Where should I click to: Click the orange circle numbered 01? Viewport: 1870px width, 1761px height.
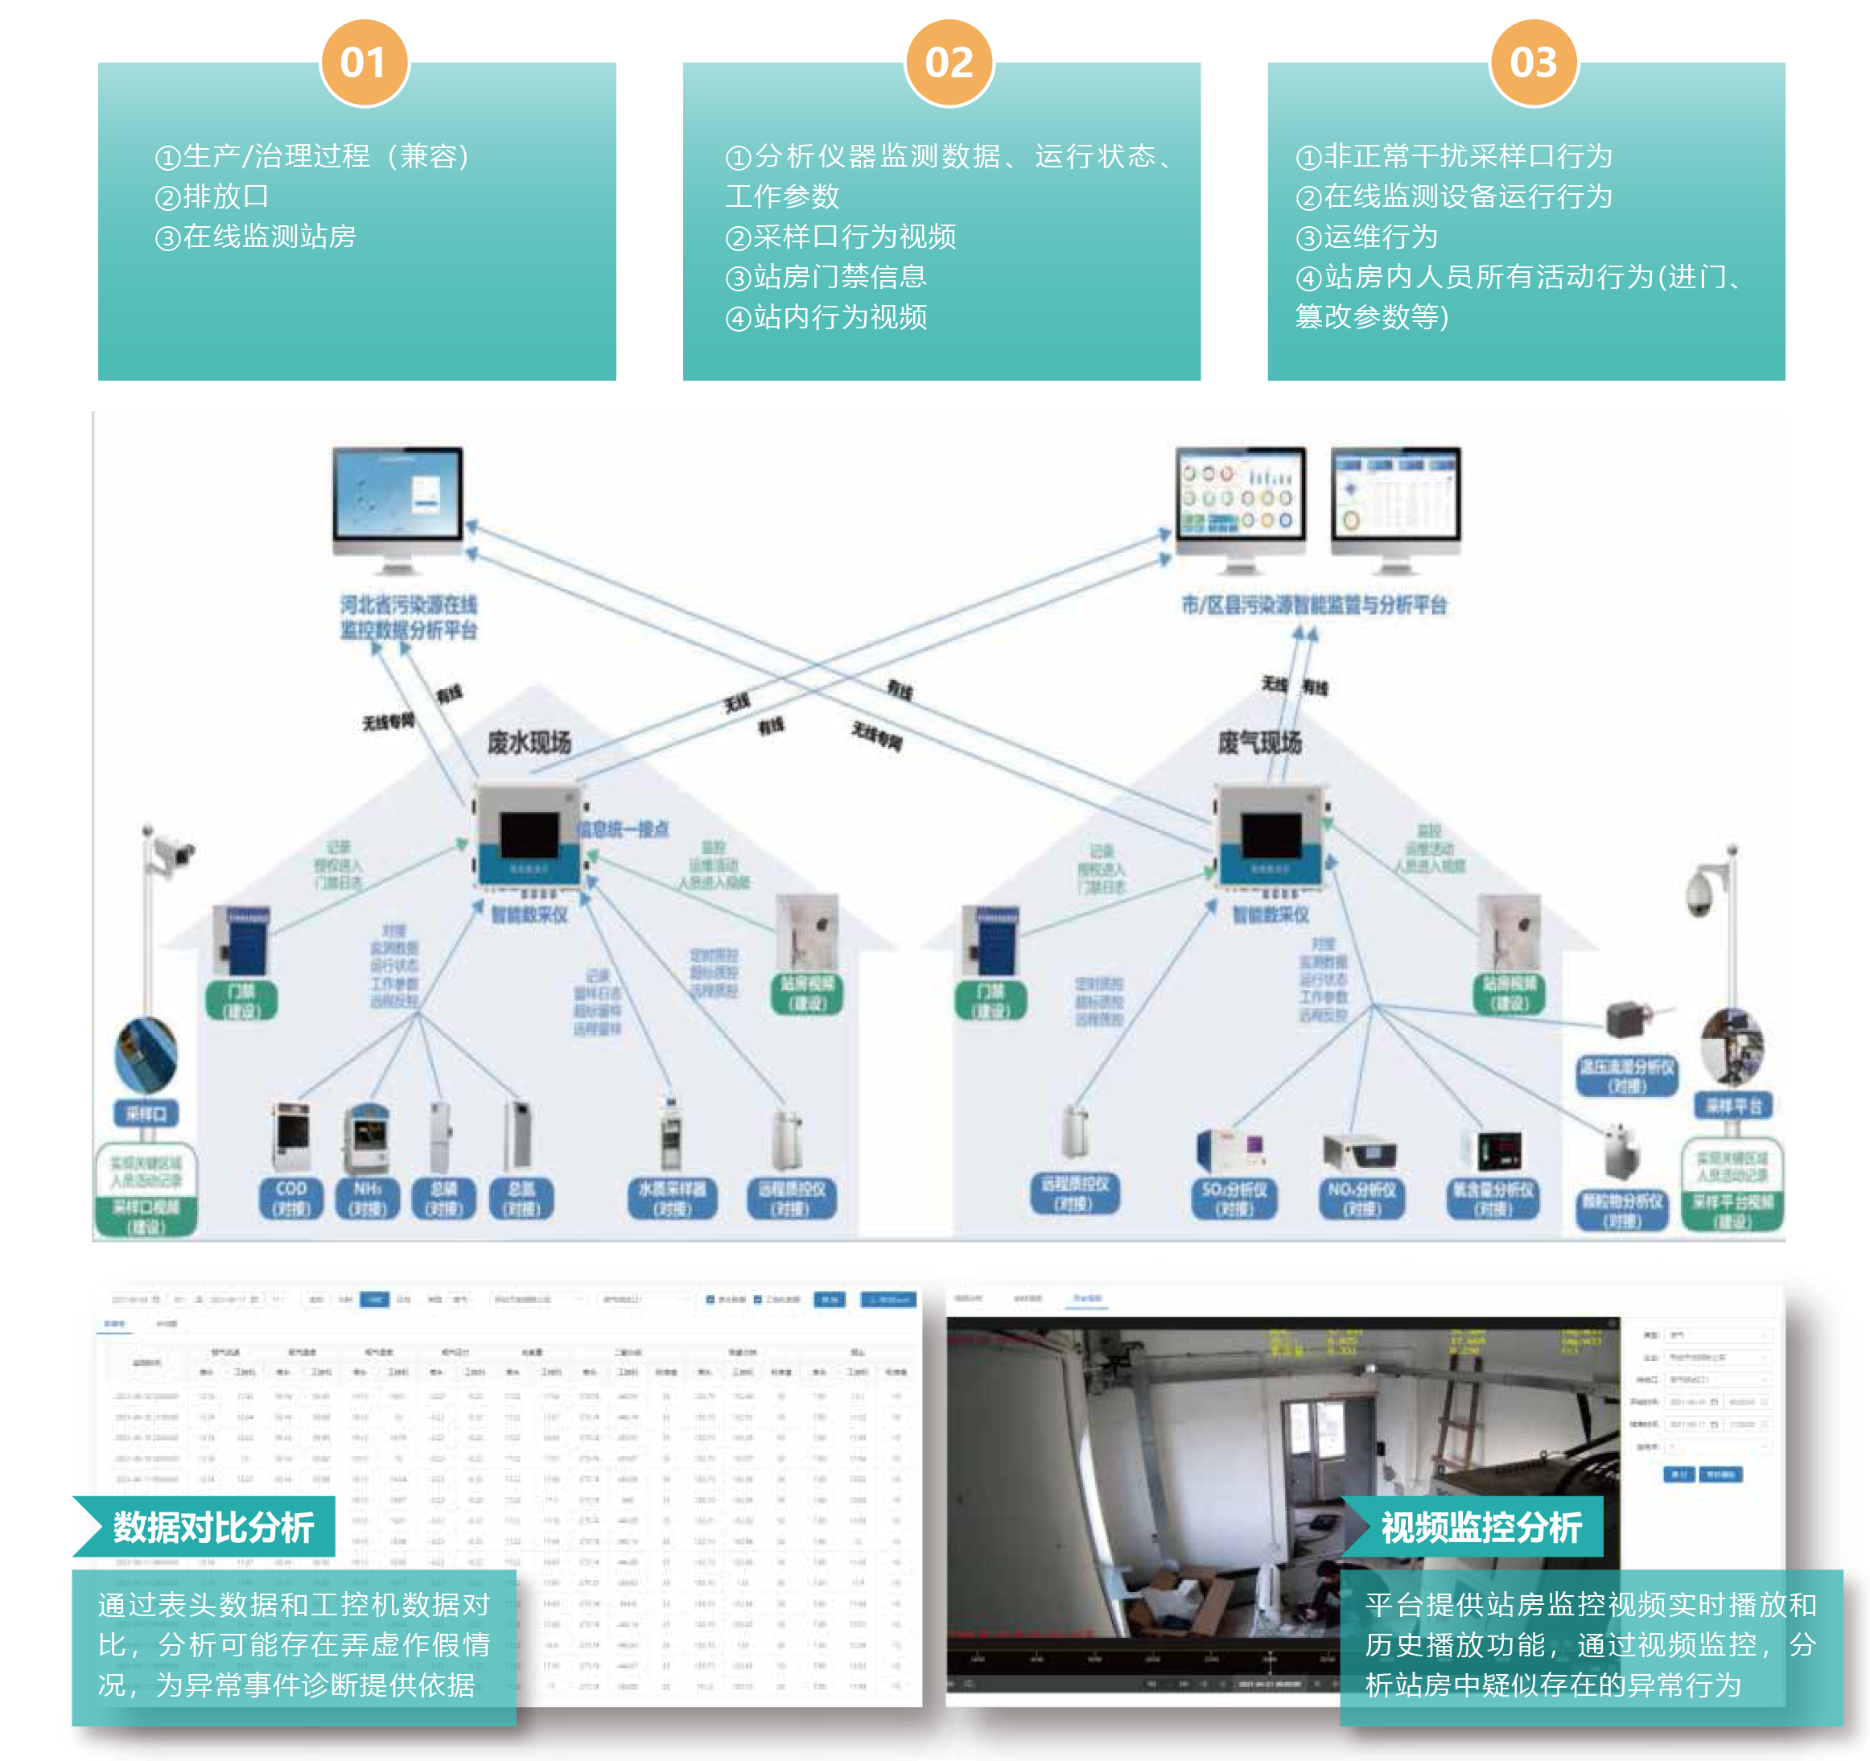pos(364,63)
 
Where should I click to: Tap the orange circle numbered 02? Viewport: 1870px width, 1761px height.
pos(948,63)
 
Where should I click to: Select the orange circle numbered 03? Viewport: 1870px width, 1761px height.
pos(1533,63)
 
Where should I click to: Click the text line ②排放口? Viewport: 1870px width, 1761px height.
pos(212,196)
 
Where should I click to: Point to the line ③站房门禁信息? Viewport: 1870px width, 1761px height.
pos(826,277)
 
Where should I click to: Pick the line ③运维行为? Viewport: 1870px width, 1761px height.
pos(1367,236)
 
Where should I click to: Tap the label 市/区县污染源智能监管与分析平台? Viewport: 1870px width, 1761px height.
pos(1314,605)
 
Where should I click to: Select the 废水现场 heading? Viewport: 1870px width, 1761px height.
pos(529,742)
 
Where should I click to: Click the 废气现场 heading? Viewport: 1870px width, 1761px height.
pos(1259,742)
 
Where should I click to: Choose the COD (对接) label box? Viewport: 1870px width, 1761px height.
pos(290,1198)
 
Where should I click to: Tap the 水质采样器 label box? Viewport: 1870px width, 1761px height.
pos(672,1198)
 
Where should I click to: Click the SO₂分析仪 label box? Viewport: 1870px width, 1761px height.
pos(1234,1198)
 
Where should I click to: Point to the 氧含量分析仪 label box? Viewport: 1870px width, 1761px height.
pos(1493,1198)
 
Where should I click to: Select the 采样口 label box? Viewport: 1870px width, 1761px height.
pos(146,1114)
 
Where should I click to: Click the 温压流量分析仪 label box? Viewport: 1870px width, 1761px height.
pos(1626,1075)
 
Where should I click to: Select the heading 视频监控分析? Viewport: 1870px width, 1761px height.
pos(1481,1528)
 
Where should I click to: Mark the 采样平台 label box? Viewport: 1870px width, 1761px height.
pos(1732,1105)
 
